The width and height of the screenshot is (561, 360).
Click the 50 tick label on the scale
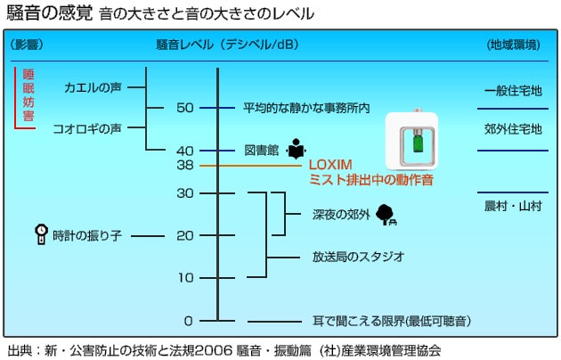click(184, 108)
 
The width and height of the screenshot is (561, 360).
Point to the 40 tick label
click(184, 150)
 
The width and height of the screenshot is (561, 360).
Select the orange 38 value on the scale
click(184, 166)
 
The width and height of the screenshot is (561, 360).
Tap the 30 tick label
click(184, 192)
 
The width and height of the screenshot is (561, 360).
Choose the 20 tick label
click(184, 235)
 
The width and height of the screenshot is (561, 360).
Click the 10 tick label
click(184, 277)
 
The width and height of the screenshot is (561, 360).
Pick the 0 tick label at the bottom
click(188, 320)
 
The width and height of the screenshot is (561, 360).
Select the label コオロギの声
click(87, 128)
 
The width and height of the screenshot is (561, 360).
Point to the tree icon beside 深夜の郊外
click(386, 214)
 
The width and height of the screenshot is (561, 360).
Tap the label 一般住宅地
click(513, 91)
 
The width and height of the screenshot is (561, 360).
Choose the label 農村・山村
click(513, 205)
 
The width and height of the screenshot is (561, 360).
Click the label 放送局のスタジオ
click(358, 257)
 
